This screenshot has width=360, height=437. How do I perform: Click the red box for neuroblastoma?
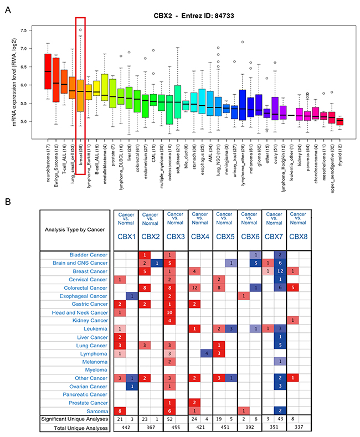pos(48,71)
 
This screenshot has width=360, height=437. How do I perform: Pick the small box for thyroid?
pos(340,121)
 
